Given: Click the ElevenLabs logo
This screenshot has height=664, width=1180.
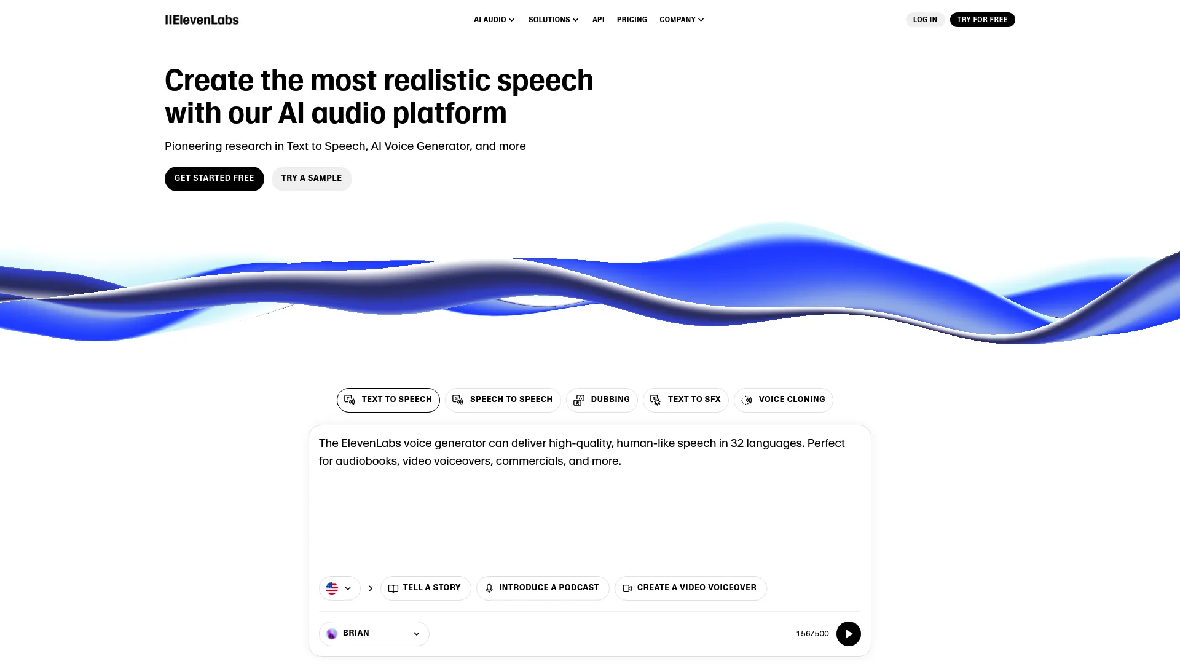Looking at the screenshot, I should click(x=202, y=20).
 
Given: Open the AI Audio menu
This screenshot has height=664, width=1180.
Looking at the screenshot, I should click(x=494, y=20).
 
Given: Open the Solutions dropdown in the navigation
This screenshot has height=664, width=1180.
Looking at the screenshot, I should click(x=553, y=20).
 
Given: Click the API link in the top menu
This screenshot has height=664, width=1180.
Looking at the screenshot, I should click(x=598, y=20).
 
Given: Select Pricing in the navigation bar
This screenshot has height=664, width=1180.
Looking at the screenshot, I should click(x=632, y=20).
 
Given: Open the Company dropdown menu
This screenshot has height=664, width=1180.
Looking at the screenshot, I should click(x=682, y=20).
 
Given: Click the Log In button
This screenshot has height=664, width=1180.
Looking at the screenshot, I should click(x=925, y=20).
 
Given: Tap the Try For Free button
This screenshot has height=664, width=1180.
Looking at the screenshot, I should click(x=982, y=20).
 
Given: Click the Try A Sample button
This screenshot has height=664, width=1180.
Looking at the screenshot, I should click(x=312, y=178).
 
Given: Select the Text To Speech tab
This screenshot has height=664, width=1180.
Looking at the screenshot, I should click(x=388, y=400).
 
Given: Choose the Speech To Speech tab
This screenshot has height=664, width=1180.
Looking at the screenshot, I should click(x=503, y=400).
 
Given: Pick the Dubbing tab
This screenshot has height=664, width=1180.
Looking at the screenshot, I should click(x=602, y=400).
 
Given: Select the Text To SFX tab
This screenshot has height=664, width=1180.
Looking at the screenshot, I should click(x=685, y=400).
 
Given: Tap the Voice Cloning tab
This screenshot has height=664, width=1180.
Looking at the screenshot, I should click(x=783, y=400).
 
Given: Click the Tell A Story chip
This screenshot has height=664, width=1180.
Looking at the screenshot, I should click(x=425, y=588).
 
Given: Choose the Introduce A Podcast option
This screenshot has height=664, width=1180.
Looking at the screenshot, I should click(x=543, y=588).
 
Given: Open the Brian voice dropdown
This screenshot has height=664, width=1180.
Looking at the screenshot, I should click(x=374, y=633).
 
